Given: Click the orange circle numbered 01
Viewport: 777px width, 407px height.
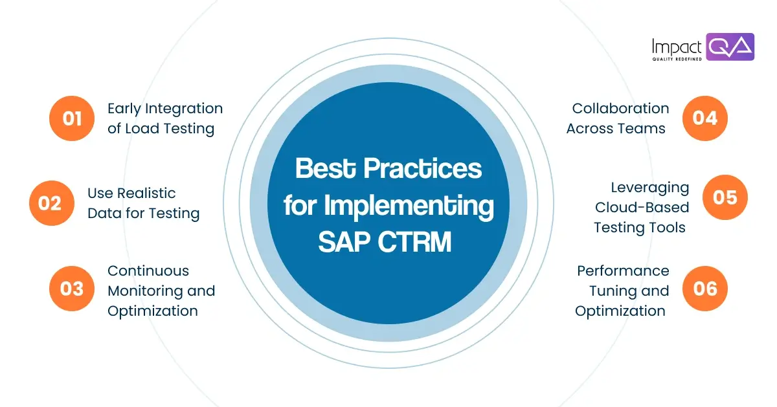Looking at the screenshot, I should point(71,118).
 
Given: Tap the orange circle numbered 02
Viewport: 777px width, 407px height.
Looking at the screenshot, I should point(51,203).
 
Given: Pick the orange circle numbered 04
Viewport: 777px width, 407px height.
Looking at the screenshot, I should point(705,118).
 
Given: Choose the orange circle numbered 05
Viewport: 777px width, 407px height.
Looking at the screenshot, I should point(725,197).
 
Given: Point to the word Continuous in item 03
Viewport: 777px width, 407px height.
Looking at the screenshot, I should point(148,270).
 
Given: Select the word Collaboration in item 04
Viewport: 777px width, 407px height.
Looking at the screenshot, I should point(620,108).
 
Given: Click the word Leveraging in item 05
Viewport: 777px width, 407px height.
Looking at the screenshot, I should point(649,187).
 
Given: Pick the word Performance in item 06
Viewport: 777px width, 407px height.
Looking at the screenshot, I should point(623,270).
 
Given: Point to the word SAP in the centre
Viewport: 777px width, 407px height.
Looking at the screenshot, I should point(343,243).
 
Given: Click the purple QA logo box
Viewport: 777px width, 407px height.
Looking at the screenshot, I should point(730,47).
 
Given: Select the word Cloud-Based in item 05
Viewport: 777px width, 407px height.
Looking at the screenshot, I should point(642,207).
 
